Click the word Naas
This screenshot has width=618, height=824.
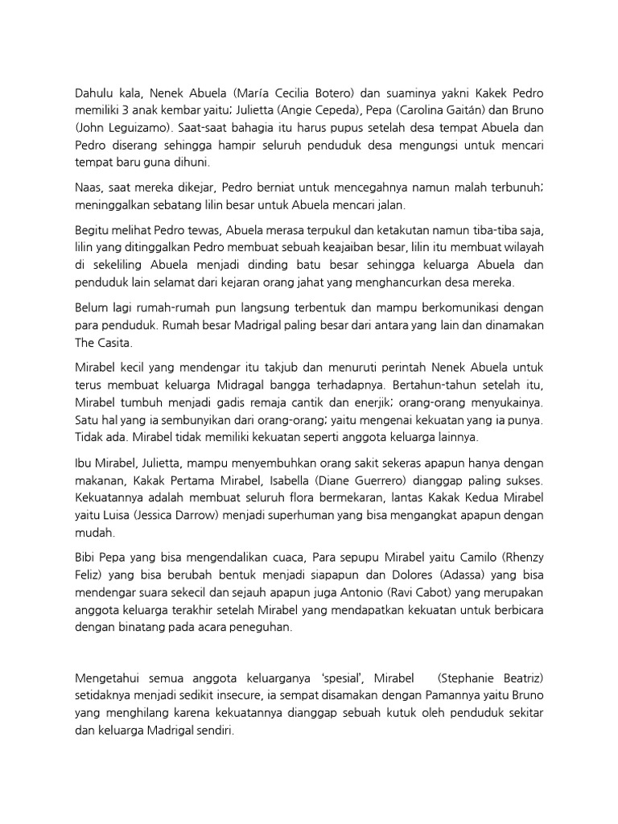pos(89,187)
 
